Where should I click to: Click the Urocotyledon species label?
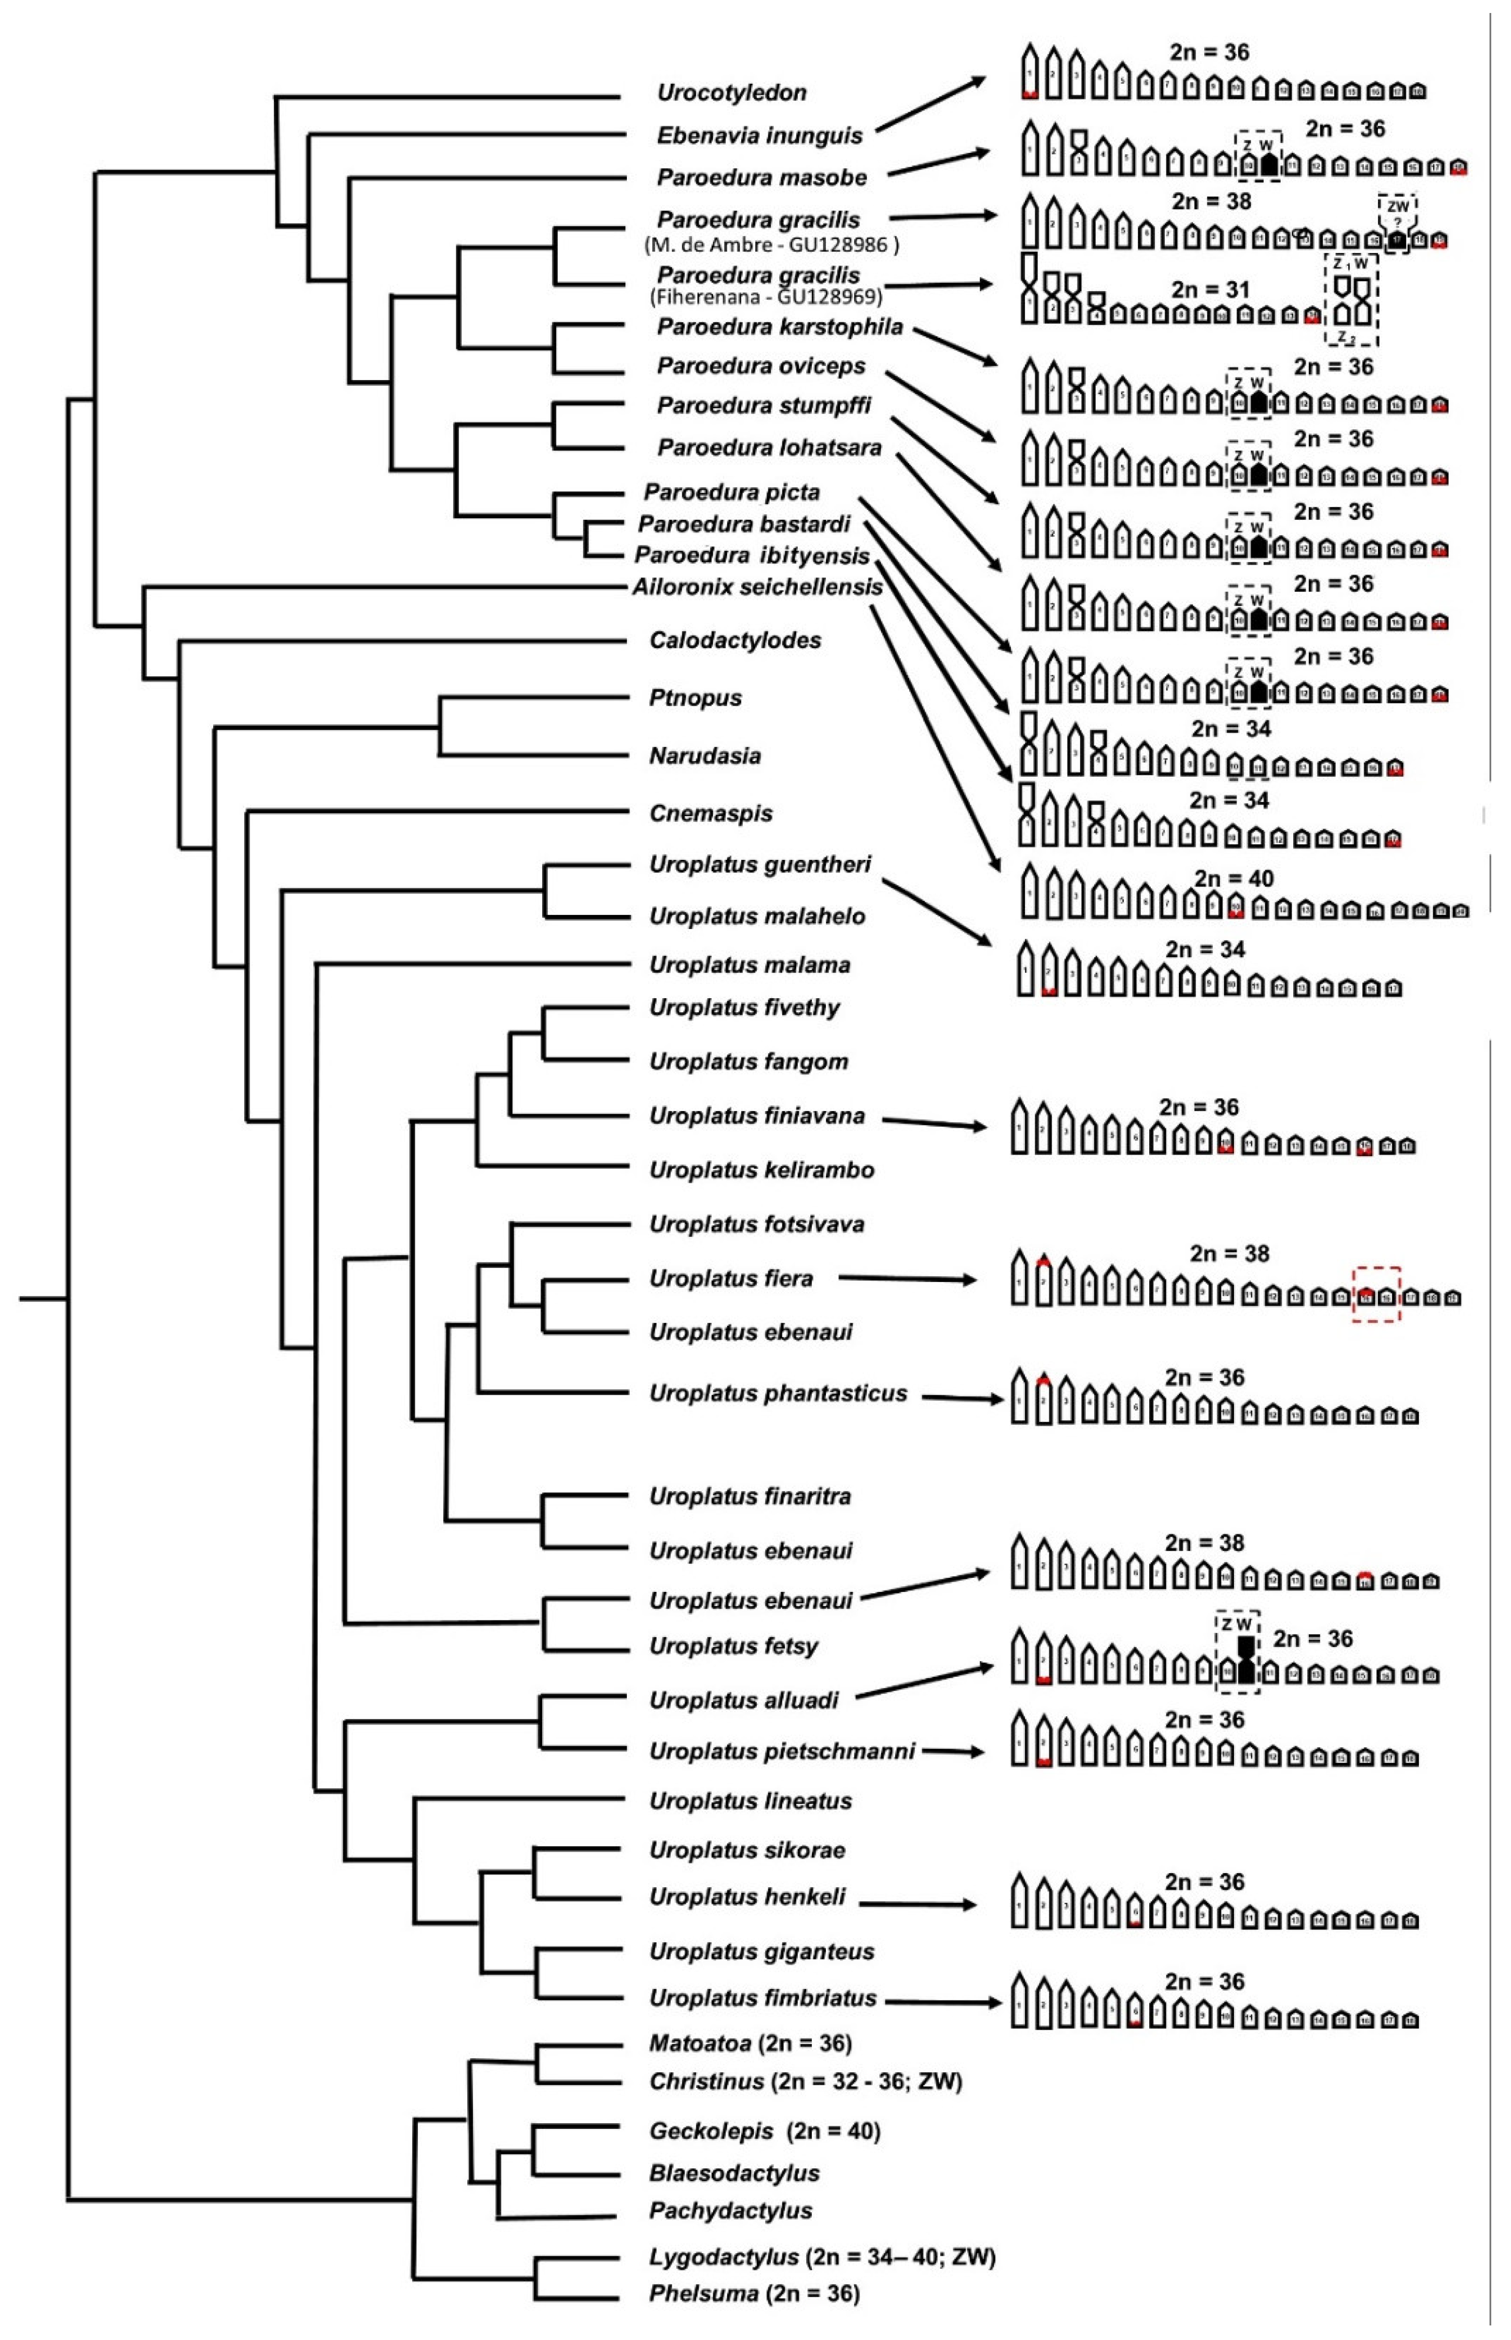pos(732,93)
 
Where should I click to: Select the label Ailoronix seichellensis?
pos(757,587)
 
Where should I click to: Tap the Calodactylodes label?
pos(735,640)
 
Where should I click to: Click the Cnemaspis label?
pos(711,813)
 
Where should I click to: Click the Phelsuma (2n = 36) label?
pos(754,2294)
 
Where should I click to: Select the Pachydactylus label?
pos(730,2212)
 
